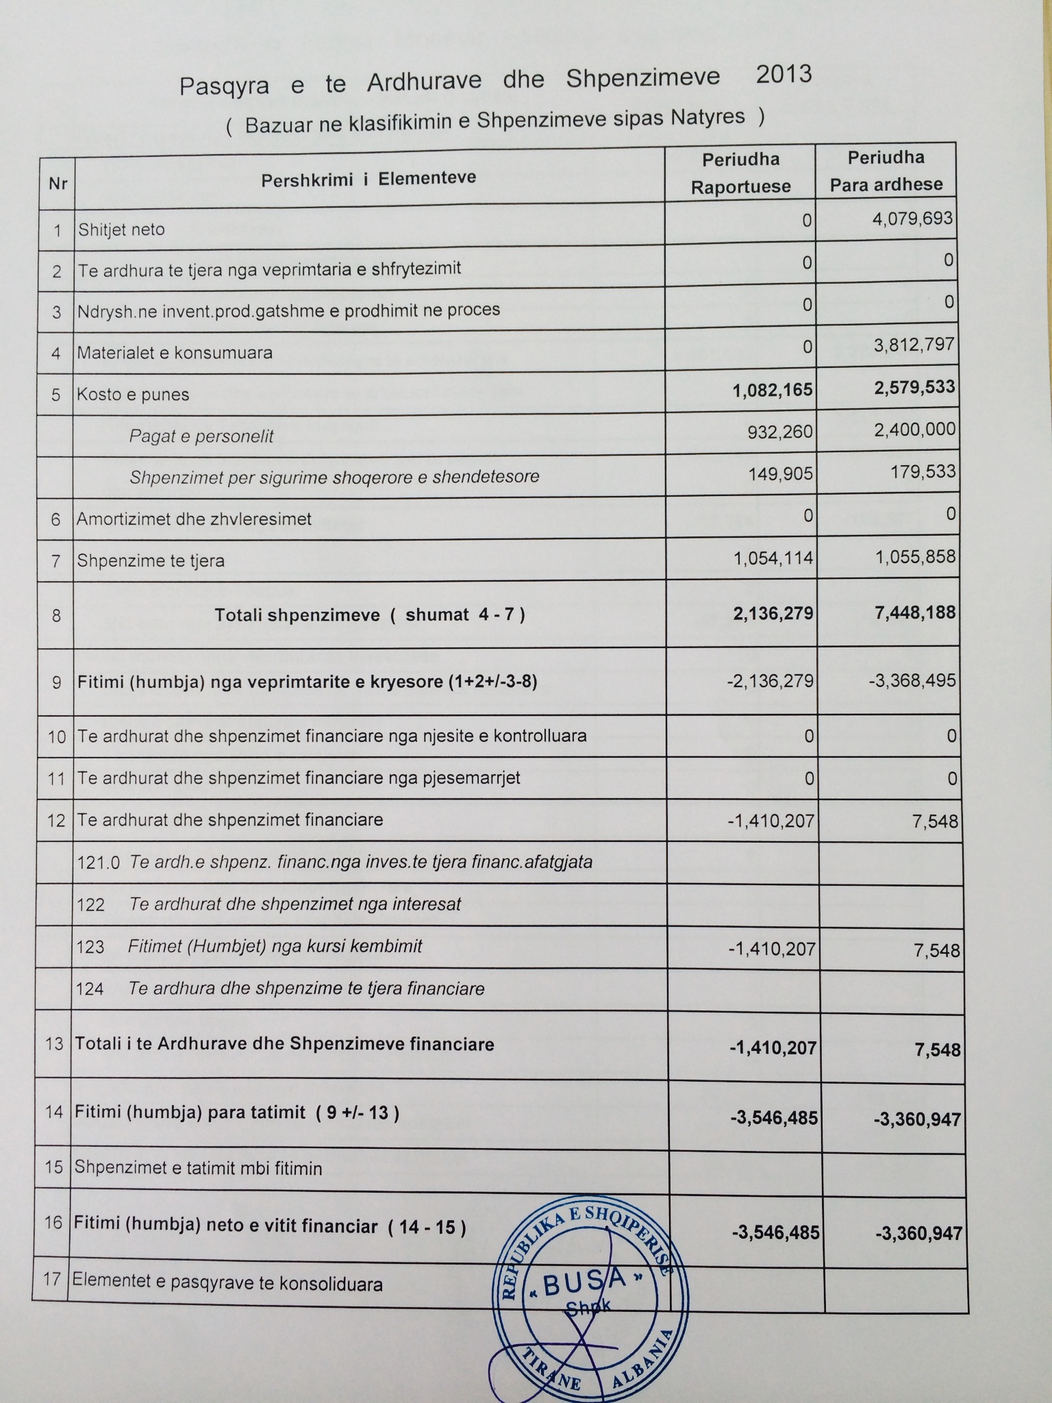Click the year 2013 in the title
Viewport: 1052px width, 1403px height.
(784, 74)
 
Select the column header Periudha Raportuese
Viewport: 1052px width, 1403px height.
(740, 173)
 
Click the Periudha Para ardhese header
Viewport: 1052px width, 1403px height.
(886, 171)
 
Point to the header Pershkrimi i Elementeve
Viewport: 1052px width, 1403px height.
(368, 179)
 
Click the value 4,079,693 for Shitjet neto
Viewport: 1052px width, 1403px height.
(914, 219)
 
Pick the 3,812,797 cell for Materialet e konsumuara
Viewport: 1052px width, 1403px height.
(914, 344)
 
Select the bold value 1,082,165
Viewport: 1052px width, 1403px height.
(772, 390)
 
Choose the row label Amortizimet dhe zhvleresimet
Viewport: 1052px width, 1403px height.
(194, 519)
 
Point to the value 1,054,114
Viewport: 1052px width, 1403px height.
(773, 558)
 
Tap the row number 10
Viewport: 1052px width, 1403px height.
(57, 737)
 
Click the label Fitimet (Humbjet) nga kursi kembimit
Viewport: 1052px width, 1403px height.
(275, 946)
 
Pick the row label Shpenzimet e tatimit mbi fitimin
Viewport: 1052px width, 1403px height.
(198, 1168)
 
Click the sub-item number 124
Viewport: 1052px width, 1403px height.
(90, 989)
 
